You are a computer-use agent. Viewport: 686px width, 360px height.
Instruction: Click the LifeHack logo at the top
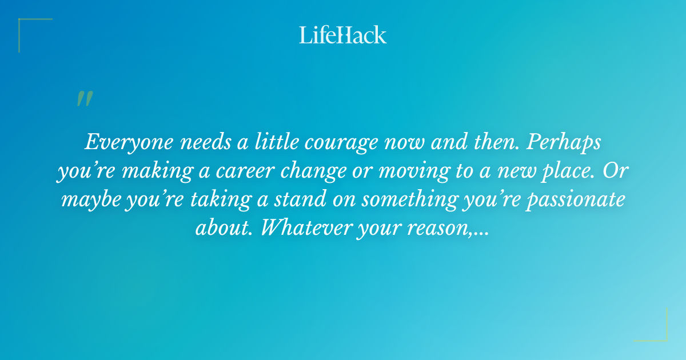(343, 35)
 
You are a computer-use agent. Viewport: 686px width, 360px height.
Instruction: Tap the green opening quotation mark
(84, 99)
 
